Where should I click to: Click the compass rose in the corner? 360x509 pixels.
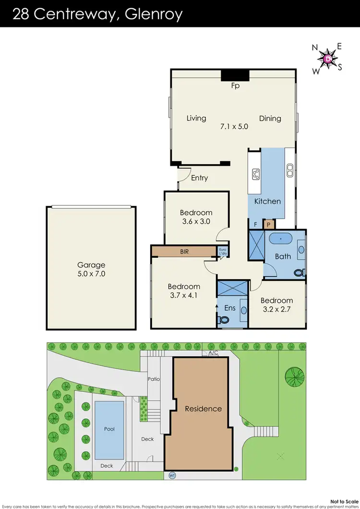tap(327, 58)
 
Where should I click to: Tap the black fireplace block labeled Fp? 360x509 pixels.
tap(235, 75)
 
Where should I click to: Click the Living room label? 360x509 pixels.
tap(196, 118)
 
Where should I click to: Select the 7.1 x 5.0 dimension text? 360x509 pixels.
tap(234, 127)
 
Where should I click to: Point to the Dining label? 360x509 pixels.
tap(270, 118)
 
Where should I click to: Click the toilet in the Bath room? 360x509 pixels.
tap(299, 272)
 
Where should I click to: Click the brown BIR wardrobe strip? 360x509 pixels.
tap(184, 251)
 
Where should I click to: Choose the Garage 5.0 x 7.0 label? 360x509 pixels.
tap(91, 269)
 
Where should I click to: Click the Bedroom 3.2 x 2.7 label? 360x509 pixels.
tap(276, 304)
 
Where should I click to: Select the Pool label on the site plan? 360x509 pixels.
tap(110, 429)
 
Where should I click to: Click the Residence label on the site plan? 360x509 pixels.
tap(204, 409)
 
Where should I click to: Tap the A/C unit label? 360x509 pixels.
tap(213, 353)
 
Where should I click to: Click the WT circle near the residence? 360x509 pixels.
tap(172, 475)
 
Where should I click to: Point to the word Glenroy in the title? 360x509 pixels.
tap(153, 14)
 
